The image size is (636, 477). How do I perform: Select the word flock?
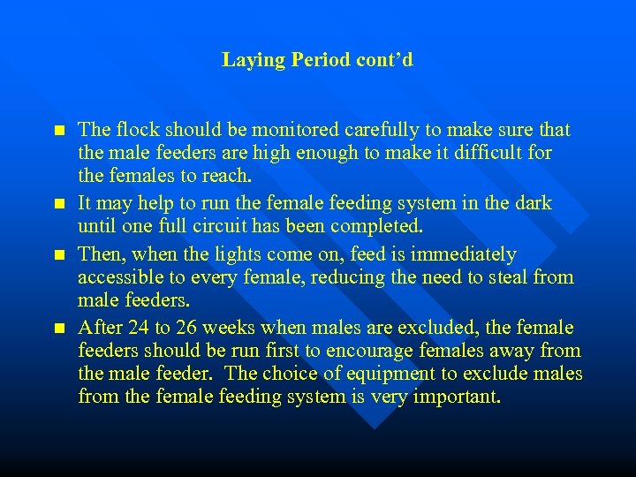pos(136,131)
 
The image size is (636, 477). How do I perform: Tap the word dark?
pos(532,203)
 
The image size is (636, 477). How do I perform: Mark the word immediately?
pos(460,254)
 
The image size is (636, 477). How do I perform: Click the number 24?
pos(139,328)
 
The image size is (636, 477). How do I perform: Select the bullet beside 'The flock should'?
pos(59,131)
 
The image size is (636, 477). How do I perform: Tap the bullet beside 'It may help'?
pos(59,203)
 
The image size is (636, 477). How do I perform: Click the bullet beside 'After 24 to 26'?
pos(59,328)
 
